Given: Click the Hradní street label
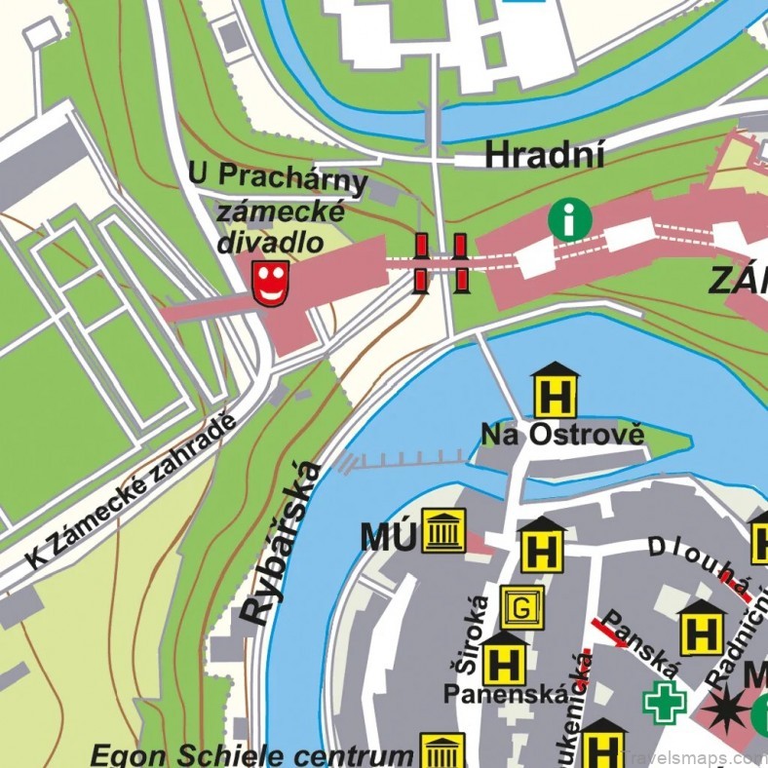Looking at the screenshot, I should (x=545, y=154).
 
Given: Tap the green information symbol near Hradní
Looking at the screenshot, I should (x=566, y=218).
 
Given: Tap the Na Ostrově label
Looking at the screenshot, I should (x=562, y=435).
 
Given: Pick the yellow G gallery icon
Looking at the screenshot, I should (x=522, y=608).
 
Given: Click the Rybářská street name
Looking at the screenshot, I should (x=282, y=543).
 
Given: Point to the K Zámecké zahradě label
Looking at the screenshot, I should (x=132, y=492).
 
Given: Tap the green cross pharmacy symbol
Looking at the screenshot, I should (x=665, y=703).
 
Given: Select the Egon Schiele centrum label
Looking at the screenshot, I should (x=251, y=754).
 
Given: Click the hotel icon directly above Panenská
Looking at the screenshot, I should (x=505, y=660).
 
